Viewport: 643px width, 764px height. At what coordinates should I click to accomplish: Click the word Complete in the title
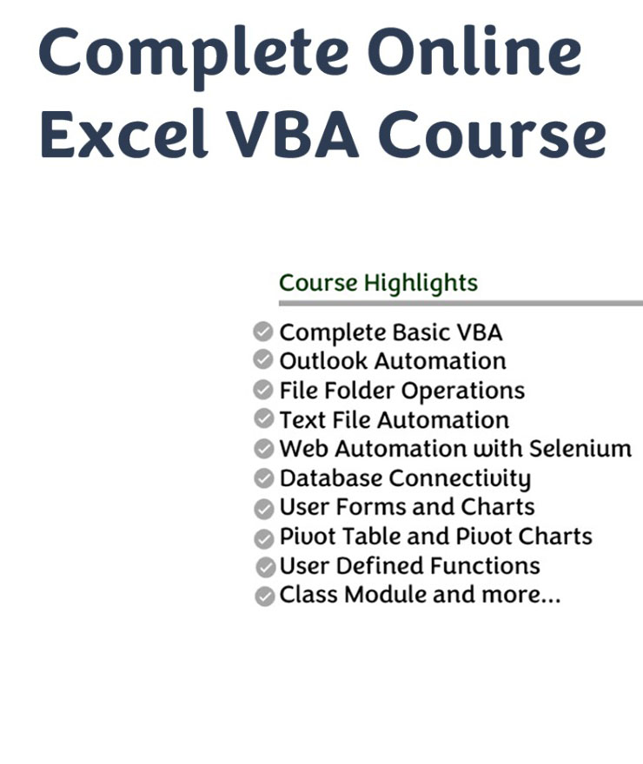point(194,55)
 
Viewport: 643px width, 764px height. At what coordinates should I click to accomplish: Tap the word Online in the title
point(474,50)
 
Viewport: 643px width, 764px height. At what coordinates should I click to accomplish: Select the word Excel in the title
point(125,133)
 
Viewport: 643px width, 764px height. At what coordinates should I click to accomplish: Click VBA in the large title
point(293,134)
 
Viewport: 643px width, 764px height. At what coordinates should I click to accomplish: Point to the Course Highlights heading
point(378,284)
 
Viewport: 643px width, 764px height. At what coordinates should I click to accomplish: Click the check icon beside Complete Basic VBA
point(263,332)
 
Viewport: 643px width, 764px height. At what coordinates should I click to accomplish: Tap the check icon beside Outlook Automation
point(263,359)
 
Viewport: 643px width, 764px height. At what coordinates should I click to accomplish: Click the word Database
point(331,478)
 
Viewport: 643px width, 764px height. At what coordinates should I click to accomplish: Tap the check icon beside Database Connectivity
point(264,478)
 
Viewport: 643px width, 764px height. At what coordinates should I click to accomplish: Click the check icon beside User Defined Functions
point(266,567)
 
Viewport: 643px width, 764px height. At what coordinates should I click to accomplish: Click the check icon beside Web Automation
point(264,449)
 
